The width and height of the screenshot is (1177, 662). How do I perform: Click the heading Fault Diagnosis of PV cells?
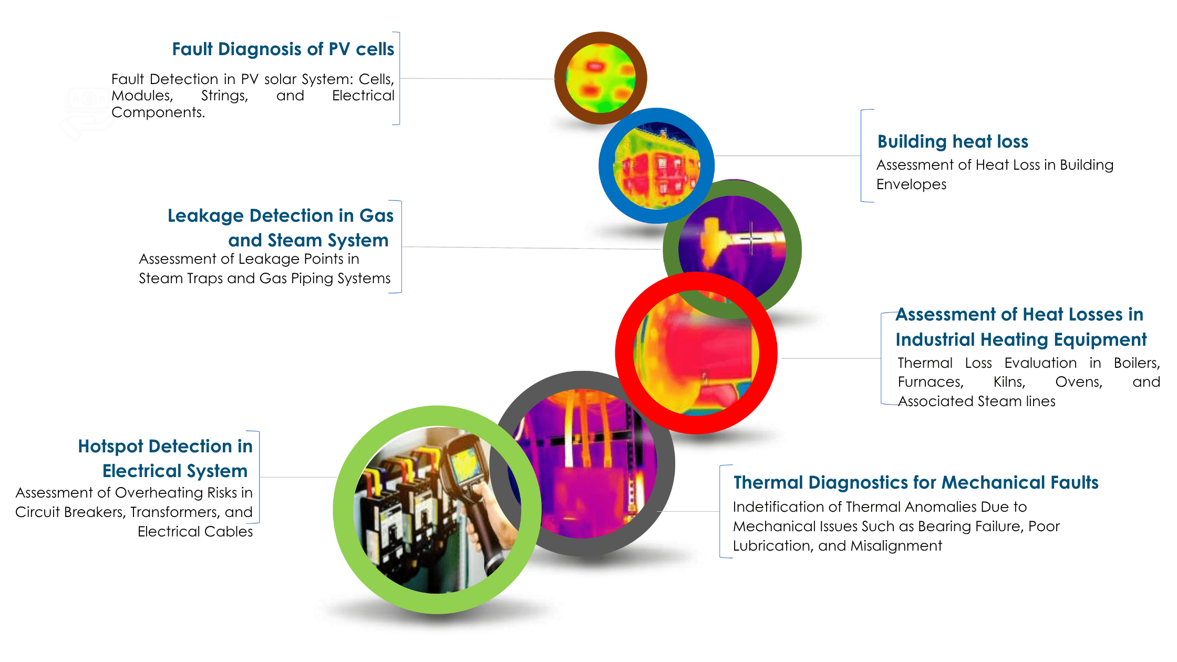(283, 49)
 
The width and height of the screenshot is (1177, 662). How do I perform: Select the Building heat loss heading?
(953, 141)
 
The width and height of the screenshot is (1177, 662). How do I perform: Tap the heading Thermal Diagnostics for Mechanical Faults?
(916, 482)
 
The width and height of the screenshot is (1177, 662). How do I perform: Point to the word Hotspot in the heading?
(110, 447)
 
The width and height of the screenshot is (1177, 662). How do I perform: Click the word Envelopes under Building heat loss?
(911, 184)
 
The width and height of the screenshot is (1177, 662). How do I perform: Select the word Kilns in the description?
(1009, 382)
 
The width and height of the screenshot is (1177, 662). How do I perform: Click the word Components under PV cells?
(158, 112)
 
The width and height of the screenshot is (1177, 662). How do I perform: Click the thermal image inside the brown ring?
(601, 78)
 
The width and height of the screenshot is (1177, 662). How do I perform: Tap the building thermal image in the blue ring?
(656, 165)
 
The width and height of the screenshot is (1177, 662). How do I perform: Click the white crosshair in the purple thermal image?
(752, 239)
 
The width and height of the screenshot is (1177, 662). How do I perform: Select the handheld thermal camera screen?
(465, 464)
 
